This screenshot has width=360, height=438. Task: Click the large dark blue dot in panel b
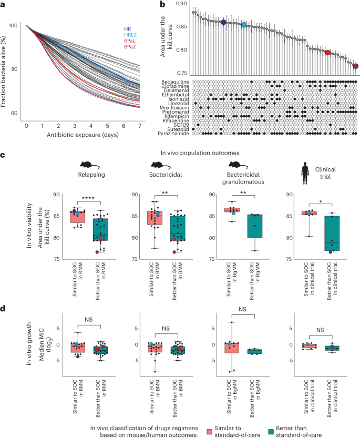click(x=223, y=23)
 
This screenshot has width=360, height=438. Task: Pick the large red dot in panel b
click(x=328, y=53)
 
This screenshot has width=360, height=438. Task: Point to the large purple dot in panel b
click(x=356, y=66)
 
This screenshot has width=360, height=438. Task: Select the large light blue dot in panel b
click(x=244, y=25)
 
